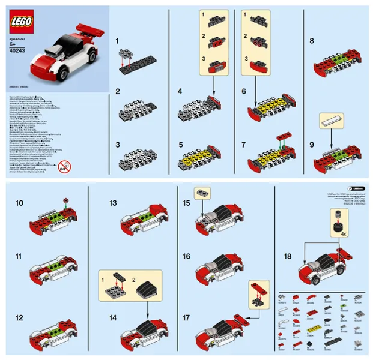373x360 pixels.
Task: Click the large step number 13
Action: pos(112,203)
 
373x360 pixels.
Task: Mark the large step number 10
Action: pos(20,203)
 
